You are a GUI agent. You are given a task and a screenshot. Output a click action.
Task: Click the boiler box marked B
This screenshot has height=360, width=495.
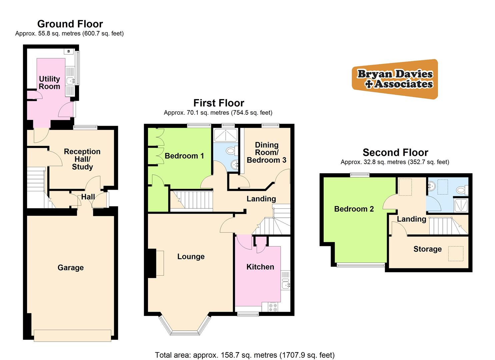point(69,51)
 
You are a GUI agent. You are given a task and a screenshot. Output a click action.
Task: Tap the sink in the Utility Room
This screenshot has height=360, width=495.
point(71,81)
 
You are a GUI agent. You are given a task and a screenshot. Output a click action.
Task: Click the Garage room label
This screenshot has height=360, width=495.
point(70,268)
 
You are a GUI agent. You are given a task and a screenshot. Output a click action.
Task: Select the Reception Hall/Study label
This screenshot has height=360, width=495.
point(82,159)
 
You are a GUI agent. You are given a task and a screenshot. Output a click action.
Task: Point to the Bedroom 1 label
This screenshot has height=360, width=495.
point(184,156)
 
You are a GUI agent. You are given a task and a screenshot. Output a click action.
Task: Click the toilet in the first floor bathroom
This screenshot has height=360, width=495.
point(231,151)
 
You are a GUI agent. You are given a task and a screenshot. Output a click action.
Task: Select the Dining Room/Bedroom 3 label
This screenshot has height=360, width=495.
point(266,152)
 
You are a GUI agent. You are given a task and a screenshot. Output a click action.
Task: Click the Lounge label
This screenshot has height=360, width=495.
point(191,256)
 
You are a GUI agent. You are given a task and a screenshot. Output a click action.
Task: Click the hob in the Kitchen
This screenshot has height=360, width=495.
point(273,307)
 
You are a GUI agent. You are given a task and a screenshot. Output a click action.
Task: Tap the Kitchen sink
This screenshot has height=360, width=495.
point(286,285)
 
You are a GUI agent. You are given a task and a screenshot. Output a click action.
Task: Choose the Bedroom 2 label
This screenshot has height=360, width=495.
point(354,209)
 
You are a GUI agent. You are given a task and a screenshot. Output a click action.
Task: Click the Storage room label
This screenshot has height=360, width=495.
point(427,249)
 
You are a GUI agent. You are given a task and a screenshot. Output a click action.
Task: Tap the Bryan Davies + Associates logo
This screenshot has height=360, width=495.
point(395,79)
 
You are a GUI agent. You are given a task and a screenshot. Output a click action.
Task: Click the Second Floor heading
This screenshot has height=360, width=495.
point(395,152)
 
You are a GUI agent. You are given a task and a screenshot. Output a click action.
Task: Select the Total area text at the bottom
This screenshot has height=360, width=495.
point(244,355)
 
